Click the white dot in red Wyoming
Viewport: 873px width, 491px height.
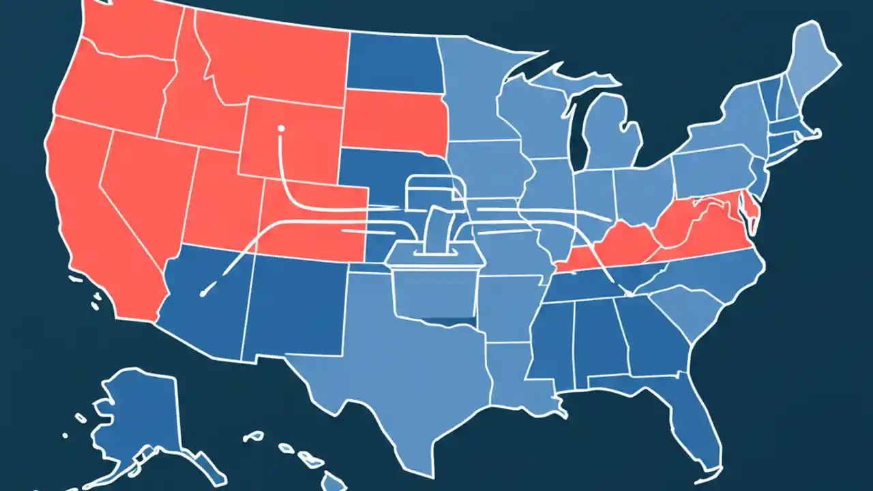[x=280, y=127]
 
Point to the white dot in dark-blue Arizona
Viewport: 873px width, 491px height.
[x=203, y=293]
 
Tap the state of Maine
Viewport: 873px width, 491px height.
[x=815, y=61]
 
